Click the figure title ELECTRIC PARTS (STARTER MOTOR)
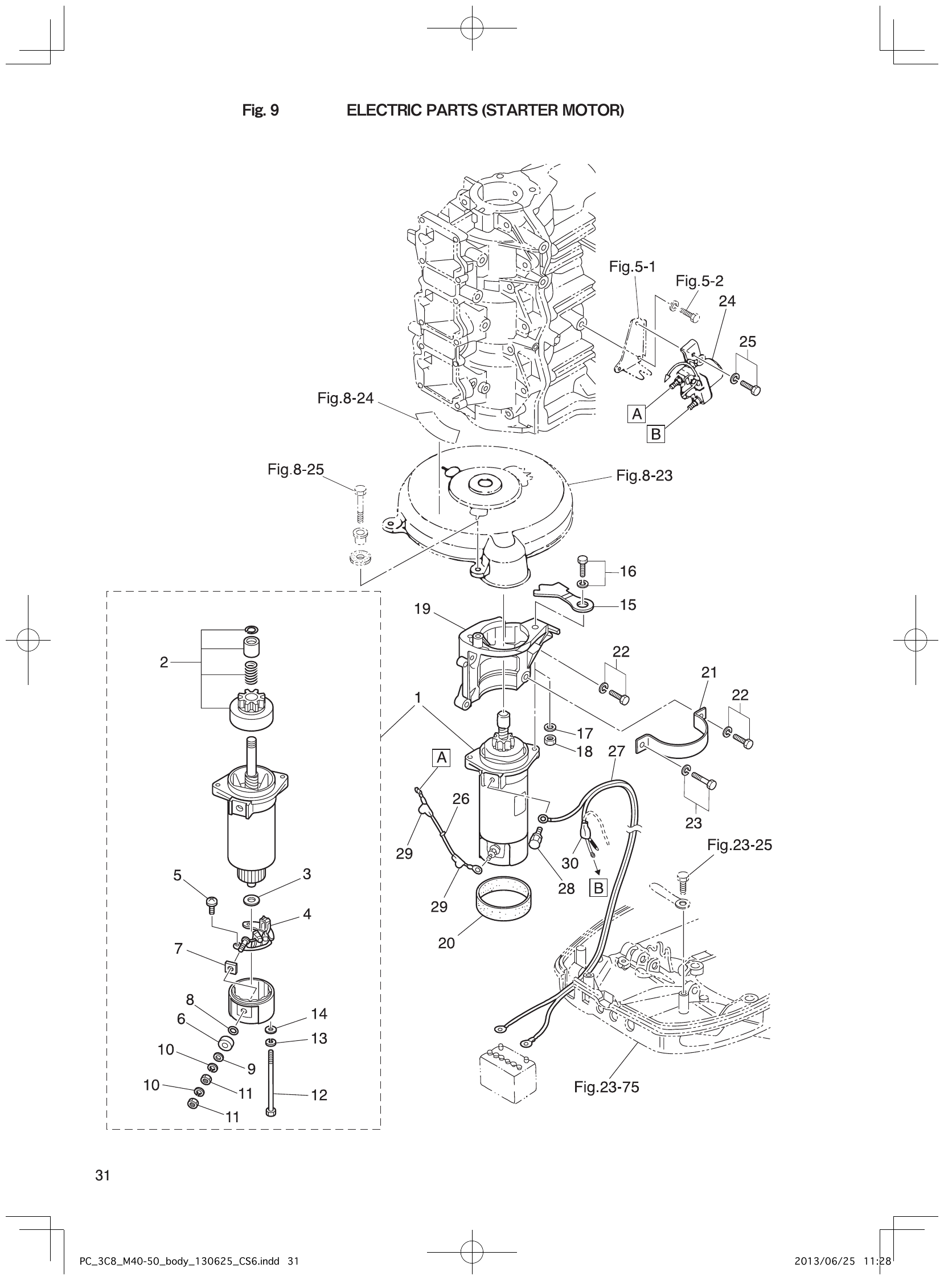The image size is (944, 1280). point(485,110)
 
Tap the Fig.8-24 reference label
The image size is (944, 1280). point(345,398)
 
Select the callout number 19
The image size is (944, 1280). point(422,609)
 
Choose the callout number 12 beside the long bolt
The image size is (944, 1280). point(319,1095)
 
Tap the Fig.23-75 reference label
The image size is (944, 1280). point(606,1087)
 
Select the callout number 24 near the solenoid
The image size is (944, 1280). point(727,301)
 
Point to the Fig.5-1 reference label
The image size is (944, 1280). point(632,266)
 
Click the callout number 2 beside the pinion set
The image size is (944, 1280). point(164,662)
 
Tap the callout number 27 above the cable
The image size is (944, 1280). point(617,751)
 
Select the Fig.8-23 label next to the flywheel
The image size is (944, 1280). point(644,475)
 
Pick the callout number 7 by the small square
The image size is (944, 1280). point(178,949)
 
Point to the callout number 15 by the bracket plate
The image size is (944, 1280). point(628,605)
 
